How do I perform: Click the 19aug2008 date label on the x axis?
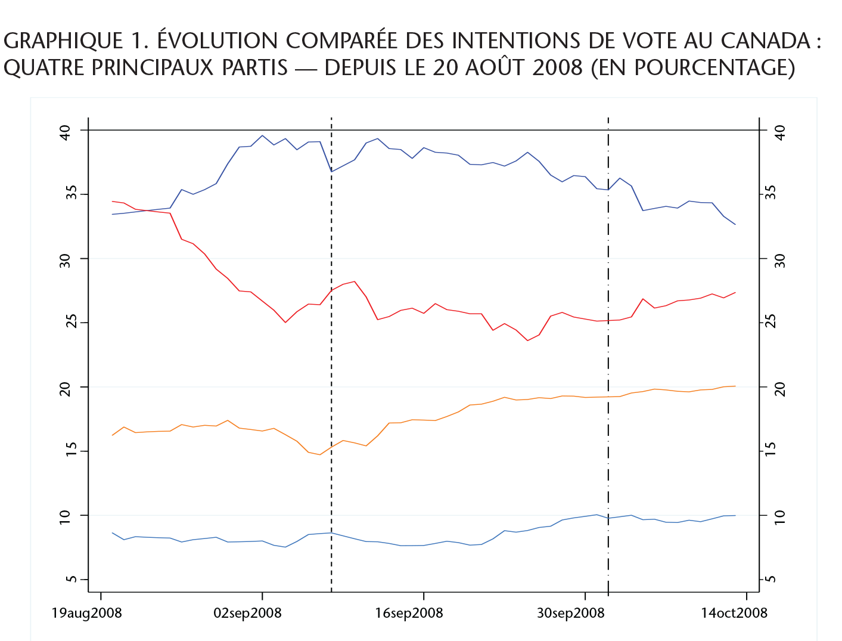click(x=86, y=613)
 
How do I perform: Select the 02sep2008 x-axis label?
click(x=247, y=613)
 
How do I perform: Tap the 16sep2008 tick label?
click(x=409, y=613)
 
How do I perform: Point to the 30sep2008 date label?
click(x=570, y=613)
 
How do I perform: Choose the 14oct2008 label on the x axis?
click(x=734, y=613)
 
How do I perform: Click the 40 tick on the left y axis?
click(x=65, y=132)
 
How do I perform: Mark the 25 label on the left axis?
click(x=65, y=323)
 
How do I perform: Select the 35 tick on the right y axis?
click(x=779, y=193)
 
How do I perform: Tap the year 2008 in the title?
click(x=557, y=67)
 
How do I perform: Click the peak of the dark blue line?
click(x=262, y=135)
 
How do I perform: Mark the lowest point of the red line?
click(x=527, y=340)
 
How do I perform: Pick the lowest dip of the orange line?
click(x=320, y=455)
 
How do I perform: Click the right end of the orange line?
click(x=735, y=386)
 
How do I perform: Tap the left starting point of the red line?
click(x=112, y=202)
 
